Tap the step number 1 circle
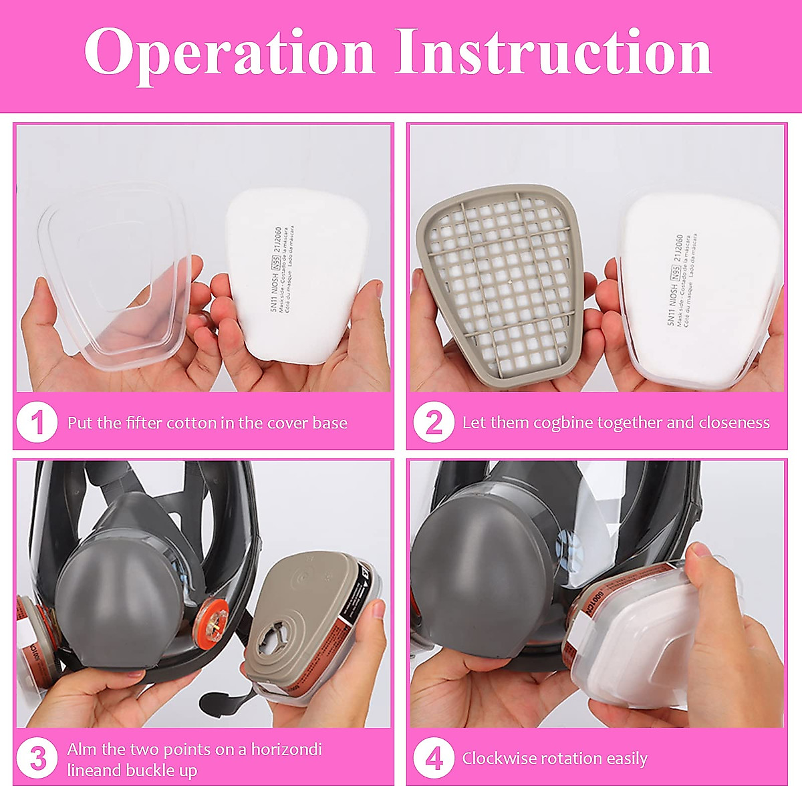pyautogui.click(x=37, y=423)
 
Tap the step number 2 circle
pyautogui.click(x=434, y=423)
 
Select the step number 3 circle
pyautogui.click(x=37, y=759)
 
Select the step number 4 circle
pyautogui.click(x=434, y=759)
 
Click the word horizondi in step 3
pyautogui.click(x=286, y=749)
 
